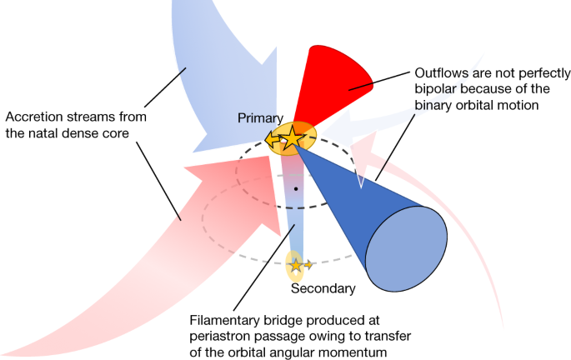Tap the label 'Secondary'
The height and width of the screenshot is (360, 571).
pyautogui.click(x=323, y=289)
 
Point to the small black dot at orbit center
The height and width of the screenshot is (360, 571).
pyautogui.click(x=296, y=190)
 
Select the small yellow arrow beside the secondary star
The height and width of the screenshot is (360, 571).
pyautogui.click(x=309, y=265)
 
